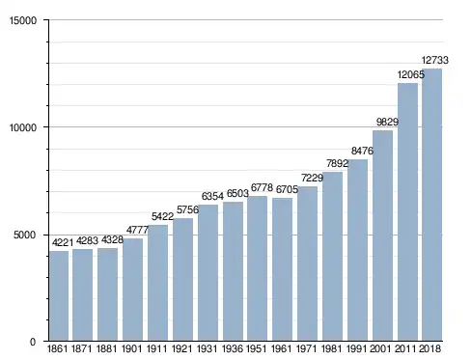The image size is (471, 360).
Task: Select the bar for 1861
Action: click(x=59, y=295)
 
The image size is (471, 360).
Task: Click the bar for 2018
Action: click(x=432, y=205)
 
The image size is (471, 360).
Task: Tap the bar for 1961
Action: click(x=282, y=269)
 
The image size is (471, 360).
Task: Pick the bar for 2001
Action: click(x=382, y=235)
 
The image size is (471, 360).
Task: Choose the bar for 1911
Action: click(x=157, y=283)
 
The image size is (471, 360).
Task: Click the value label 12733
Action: click(x=435, y=60)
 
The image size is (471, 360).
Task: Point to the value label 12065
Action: click(x=411, y=75)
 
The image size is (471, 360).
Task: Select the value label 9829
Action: click(x=387, y=123)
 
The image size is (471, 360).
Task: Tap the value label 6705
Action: click(x=287, y=190)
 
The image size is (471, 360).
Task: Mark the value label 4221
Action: click(x=63, y=242)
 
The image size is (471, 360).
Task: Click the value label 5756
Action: click(x=187, y=210)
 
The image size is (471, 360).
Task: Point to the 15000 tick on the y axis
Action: click(x=23, y=20)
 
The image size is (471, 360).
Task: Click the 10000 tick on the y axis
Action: click(x=23, y=127)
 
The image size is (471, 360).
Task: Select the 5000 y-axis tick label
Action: click(x=25, y=235)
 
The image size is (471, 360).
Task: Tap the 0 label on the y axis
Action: click(x=33, y=343)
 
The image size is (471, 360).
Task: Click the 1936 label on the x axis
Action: click(x=233, y=348)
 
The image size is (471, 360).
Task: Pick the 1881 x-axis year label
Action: click(x=107, y=348)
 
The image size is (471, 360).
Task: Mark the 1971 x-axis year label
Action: click(x=306, y=348)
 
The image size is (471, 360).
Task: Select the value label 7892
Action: click(x=337, y=164)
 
